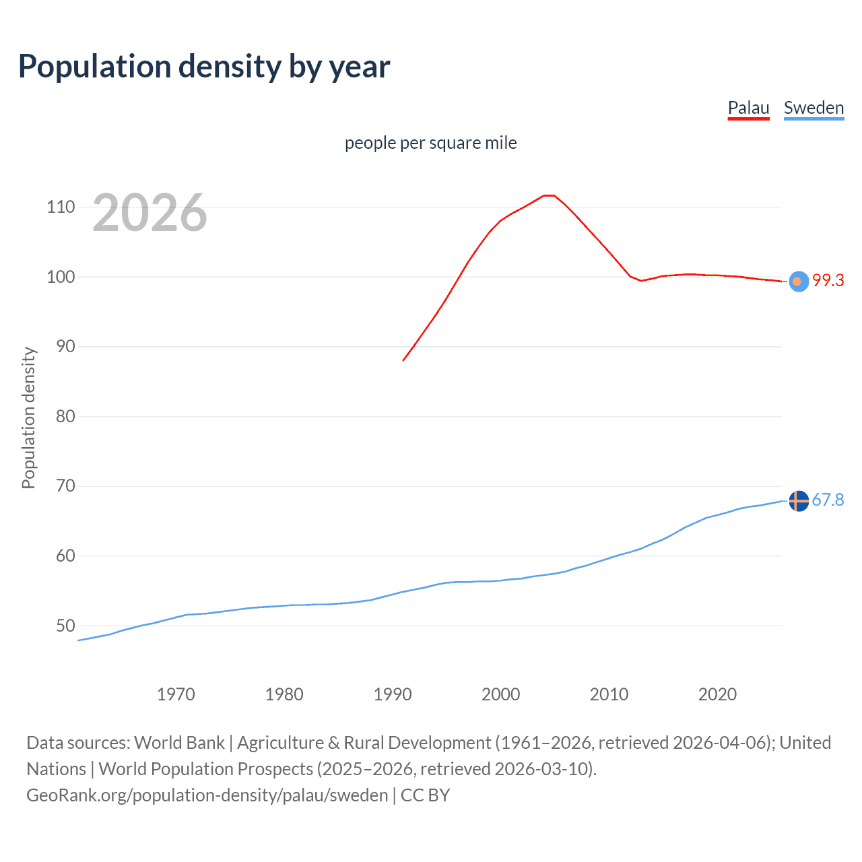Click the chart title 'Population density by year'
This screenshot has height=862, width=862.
coord(204,67)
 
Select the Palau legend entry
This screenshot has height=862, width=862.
coord(748,108)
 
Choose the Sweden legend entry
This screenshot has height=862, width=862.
coord(814,108)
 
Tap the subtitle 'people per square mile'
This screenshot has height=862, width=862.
coord(430,143)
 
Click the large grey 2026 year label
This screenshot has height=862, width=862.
coord(150,213)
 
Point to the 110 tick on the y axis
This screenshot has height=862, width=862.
coord(61,207)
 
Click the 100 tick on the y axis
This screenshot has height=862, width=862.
coord(61,277)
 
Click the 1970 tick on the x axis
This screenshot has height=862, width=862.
coord(176,694)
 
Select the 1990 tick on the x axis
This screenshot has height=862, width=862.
coord(393,694)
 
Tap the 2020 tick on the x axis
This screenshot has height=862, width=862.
coord(717,694)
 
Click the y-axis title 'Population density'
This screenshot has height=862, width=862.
coord(28,418)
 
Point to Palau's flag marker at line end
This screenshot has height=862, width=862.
coord(798,281)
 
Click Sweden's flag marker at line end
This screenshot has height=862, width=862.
coord(798,501)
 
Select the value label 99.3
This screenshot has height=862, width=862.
coord(828,281)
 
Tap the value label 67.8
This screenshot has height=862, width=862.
coord(828,500)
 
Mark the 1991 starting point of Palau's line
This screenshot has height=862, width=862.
coord(403,360)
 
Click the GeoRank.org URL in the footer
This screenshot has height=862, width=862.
coord(207,795)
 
